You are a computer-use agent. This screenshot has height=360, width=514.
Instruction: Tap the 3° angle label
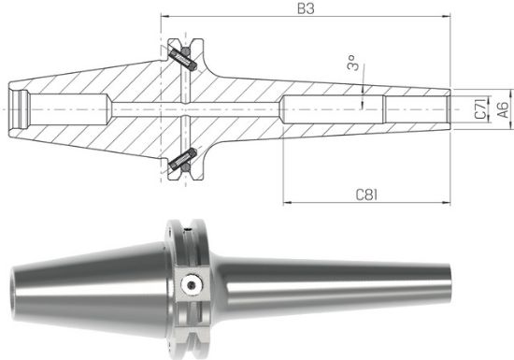[352, 65]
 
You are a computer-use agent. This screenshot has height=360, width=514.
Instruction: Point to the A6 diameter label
[502, 108]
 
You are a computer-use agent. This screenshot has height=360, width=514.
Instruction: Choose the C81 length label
[366, 194]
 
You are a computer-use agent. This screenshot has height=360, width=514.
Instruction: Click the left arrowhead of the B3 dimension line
[164, 17]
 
